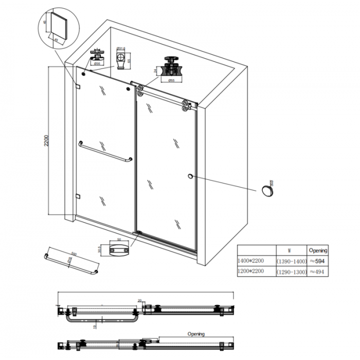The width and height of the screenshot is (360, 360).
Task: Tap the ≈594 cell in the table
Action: [317, 261]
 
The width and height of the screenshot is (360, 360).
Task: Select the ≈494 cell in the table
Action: [317, 272]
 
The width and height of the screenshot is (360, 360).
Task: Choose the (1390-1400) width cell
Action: [291, 261]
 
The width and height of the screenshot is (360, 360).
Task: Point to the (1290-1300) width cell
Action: [291, 272]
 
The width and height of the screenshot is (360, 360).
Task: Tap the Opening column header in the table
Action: [317, 250]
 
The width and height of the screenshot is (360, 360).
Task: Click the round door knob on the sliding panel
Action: [191, 177]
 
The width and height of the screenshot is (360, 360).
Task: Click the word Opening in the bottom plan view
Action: [196, 334]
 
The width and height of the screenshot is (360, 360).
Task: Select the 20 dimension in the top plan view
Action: [139, 300]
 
